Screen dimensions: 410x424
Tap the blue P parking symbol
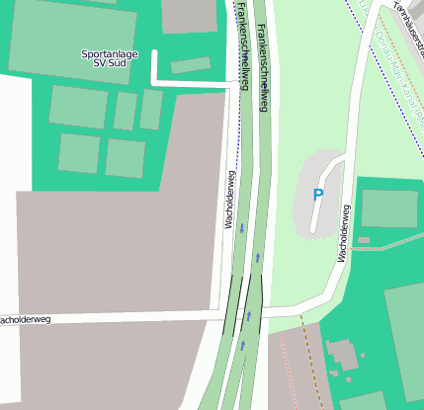click(x=317, y=196)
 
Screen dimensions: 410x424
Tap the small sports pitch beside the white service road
click(x=190, y=66)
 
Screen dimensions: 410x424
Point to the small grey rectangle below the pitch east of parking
click(x=363, y=239)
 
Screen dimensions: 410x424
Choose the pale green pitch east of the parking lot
click(x=388, y=208)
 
